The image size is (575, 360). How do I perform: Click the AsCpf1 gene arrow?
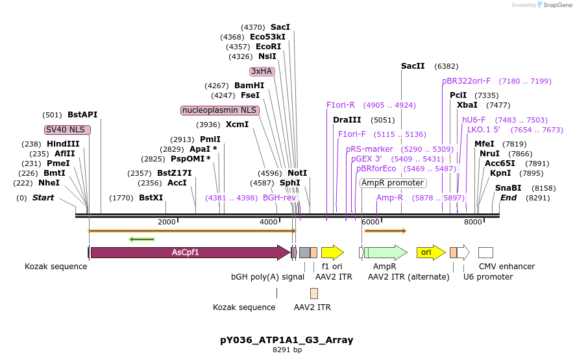(x=188, y=252)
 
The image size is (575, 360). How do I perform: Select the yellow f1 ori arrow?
(x=332, y=252)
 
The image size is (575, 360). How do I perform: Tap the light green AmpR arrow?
(x=386, y=252)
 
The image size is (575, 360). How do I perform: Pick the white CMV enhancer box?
(x=485, y=252)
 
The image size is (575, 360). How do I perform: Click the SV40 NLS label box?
(x=67, y=130)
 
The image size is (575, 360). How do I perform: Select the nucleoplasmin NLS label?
(x=219, y=110)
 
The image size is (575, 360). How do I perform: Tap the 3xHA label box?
(x=262, y=71)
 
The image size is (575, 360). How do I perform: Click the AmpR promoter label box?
(x=393, y=183)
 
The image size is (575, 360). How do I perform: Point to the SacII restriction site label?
(x=413, y=66)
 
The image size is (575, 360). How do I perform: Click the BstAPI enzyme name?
(x=82, y=115)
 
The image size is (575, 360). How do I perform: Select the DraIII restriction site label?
(x=347, y=120)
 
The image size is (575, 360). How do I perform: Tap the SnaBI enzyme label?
(x=508, y=188)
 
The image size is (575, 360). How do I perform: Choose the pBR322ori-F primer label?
(x=467, y=81)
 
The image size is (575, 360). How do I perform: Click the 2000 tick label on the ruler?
(x=167, y=222)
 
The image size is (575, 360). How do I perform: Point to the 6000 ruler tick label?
(x=370, y=222)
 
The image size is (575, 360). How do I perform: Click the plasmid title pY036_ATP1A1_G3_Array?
(x=287, y=340)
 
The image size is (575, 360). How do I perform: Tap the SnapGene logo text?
(x=557, y=5)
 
